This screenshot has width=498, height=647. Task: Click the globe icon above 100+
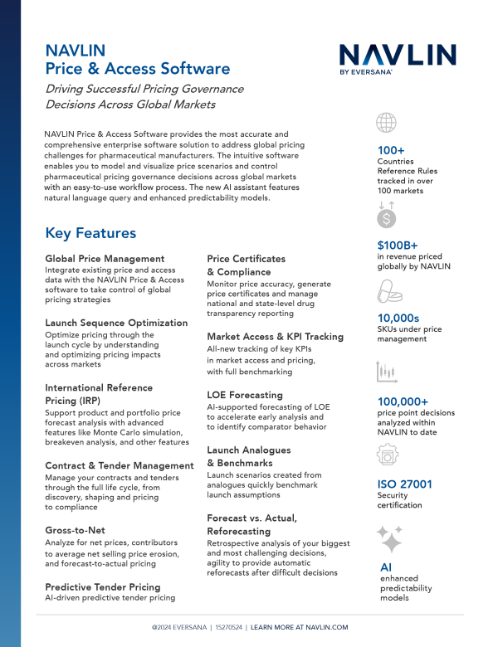tap(386, 123)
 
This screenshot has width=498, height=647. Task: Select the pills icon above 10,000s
tap(388, 291)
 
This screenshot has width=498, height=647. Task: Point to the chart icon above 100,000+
tap(387, 371)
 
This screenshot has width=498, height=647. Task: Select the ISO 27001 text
tap(405, 484)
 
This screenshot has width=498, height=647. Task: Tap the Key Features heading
tap(90, 233)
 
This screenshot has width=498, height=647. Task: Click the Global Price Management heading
tap(105, 259)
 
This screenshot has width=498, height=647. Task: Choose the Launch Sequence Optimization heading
tap(116, 323)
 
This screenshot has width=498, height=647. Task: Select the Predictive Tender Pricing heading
tap(103, 586)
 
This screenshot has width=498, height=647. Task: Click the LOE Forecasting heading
tap(245, 395)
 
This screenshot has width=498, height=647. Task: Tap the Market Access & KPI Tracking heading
tap(275, 337)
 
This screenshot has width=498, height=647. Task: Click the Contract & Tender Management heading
tap(120, 466)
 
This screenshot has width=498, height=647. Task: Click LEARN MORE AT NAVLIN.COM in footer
tap(299, 627)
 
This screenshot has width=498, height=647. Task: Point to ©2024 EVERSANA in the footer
tap(180, 627)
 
